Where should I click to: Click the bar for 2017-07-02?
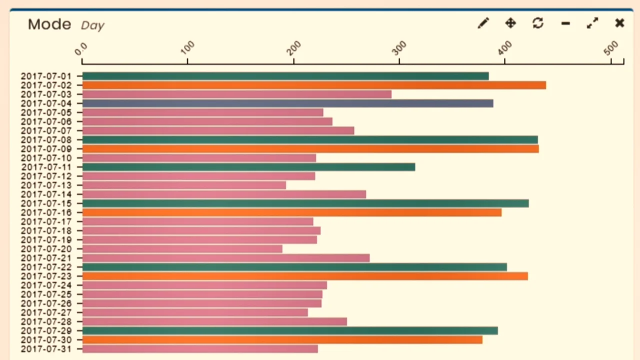pyautogui.click(x=314, y=85)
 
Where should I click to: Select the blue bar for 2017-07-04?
pyautogui.click(x=287, y=103)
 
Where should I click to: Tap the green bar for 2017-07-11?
pyautogui.click(x=248, y=167)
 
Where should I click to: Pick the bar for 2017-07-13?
pyautogui.click(x=184, y=185)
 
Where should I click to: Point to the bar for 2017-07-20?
pyautogui.click(x=182, y=249)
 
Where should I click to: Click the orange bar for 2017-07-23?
pyautogui.click(x=305, y=276)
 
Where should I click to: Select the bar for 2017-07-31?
pyautogui.click(x=200, y=349)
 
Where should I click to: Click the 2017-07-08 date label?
pyautogui.click(x=46, y=140)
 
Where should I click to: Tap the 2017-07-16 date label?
pyautogui.click(x=46, y=212)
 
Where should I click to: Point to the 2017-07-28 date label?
pyautogui.click(x=46, y=321)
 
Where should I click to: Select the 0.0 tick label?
pyautogui.click(x=81, y=48)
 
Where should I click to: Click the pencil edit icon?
pyautogui.click(x=483, y=23)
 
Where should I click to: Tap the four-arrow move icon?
pyautogui.click(x=510, y=23)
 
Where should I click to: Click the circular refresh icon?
pyautogui.click(x=538, y=23)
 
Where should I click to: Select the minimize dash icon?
pyautogui.click(x=565, y=23)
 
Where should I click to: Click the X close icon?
pyautogui.click(x=619, y=23)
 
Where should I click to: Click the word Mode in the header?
pyautogui.click(x=49, y=24)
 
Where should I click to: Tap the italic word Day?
pyautogui.click(x=92, y=25)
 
